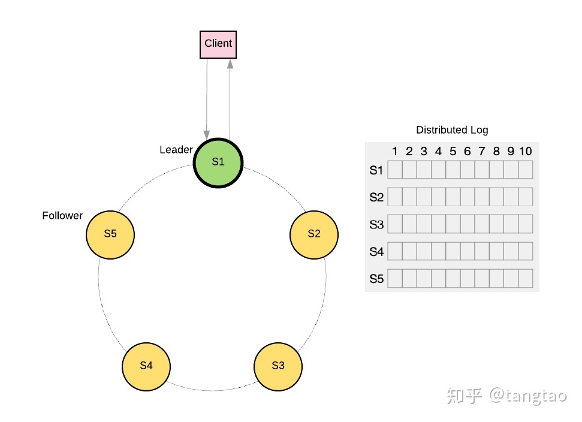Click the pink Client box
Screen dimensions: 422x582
coord(218,44)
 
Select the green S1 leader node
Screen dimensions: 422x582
coord(218,162)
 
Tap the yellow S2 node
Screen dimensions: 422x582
coord(314,234)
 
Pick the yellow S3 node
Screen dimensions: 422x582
coord(278,366)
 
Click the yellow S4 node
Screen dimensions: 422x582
coord(146,366)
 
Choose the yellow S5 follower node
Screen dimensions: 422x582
coord(110,234)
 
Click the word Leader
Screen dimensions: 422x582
coord(176,150)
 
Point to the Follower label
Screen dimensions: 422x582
coord(62,216)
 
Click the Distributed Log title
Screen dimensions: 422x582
coord(452,130)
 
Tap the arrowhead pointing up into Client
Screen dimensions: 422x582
coord(230,64)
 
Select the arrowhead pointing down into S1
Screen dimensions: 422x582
coord(207,134)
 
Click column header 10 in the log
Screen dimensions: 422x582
coord(526,152)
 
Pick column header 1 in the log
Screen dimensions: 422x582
coord(395,152)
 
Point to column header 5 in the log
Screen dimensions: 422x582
coord(453,152)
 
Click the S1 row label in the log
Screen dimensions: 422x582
coord(376,171)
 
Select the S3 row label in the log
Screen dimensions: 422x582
coord(376,225)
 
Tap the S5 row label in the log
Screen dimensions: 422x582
coord(376,279)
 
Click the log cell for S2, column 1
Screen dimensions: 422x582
coord(395,197)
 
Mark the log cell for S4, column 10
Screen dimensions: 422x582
coord(526,251)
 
